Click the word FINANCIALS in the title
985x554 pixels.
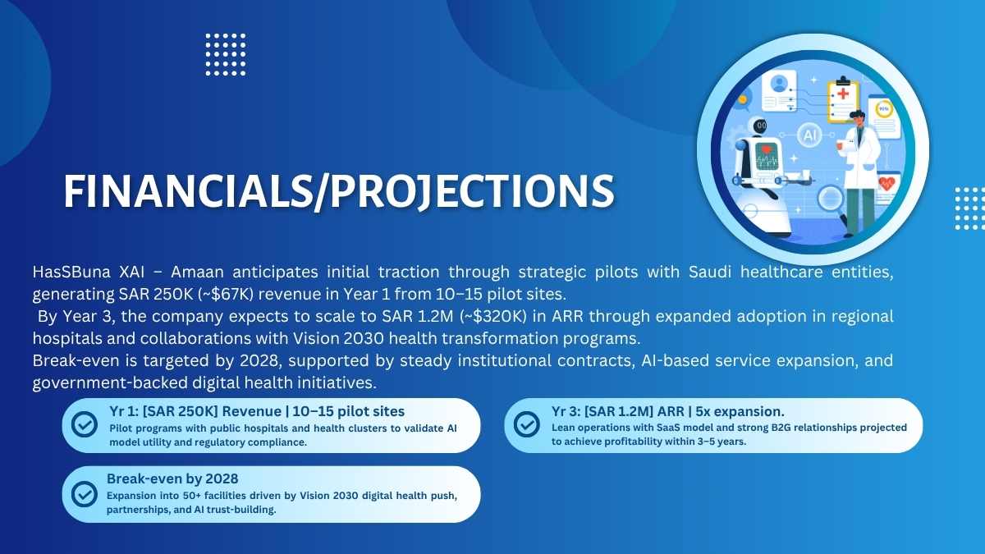(188, 190)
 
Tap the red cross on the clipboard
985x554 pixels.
(843, 94)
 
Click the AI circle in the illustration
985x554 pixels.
(809, 135)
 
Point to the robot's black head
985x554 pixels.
(760, 126)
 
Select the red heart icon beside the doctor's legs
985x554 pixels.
(887, 183)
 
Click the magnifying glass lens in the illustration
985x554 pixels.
(830, 199)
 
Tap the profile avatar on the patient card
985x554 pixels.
(779, 83)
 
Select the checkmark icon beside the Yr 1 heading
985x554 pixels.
(85, 424)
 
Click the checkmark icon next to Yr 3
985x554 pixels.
(526, 424)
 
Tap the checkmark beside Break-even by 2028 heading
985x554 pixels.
(85, 494)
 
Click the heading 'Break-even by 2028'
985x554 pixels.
(172, 478)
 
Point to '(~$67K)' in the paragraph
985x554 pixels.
(226, 294)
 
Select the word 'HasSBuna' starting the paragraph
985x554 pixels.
(71, 272)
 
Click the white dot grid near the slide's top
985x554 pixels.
(226, 54)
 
